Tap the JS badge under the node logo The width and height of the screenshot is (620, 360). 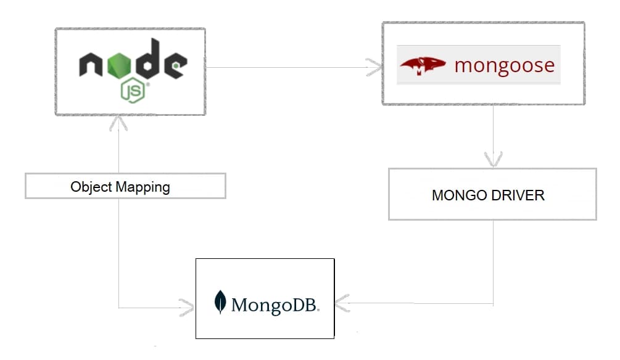[133, 92]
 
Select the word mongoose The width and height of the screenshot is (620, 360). [504, 65]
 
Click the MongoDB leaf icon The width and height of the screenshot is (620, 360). [220, 302]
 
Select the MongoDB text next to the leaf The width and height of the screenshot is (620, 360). [275, 305]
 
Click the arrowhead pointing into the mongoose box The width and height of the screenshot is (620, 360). [374, 67]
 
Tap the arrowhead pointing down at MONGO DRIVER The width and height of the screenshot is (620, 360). [493, 160]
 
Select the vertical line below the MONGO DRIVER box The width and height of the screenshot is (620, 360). [493, 259]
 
